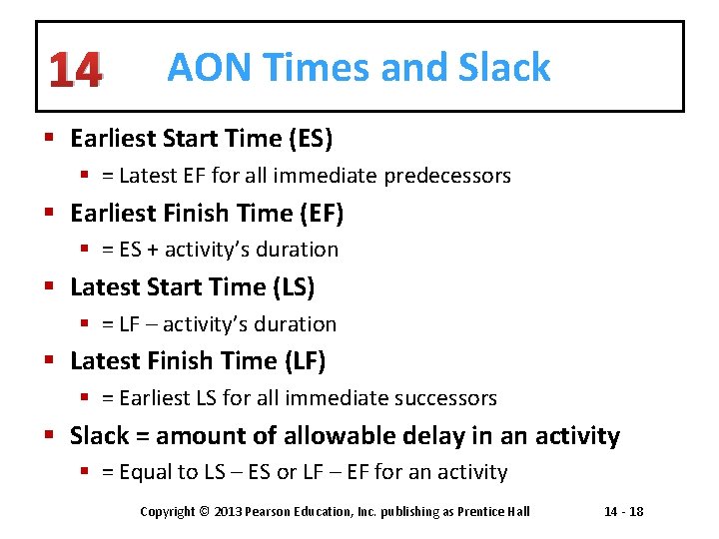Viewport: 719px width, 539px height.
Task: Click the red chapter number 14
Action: click(x=75, y=70)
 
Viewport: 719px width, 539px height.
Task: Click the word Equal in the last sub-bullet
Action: click(x=145, y=472)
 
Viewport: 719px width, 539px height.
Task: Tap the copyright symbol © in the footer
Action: click(x=204, y=512)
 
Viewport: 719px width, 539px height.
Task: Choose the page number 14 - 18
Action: click(x=624, y=512)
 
